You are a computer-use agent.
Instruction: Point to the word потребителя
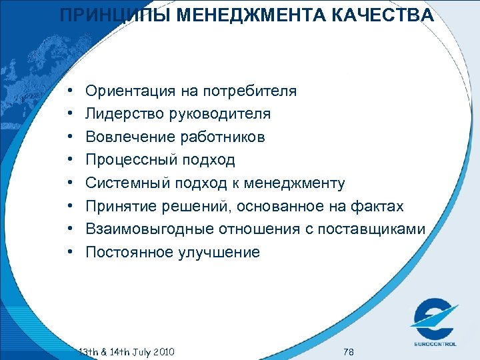pos(251,91)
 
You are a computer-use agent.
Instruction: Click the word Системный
pos(127,183)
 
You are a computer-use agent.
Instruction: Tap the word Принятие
pos(122,207)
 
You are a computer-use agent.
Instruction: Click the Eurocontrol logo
pos(433,319)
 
